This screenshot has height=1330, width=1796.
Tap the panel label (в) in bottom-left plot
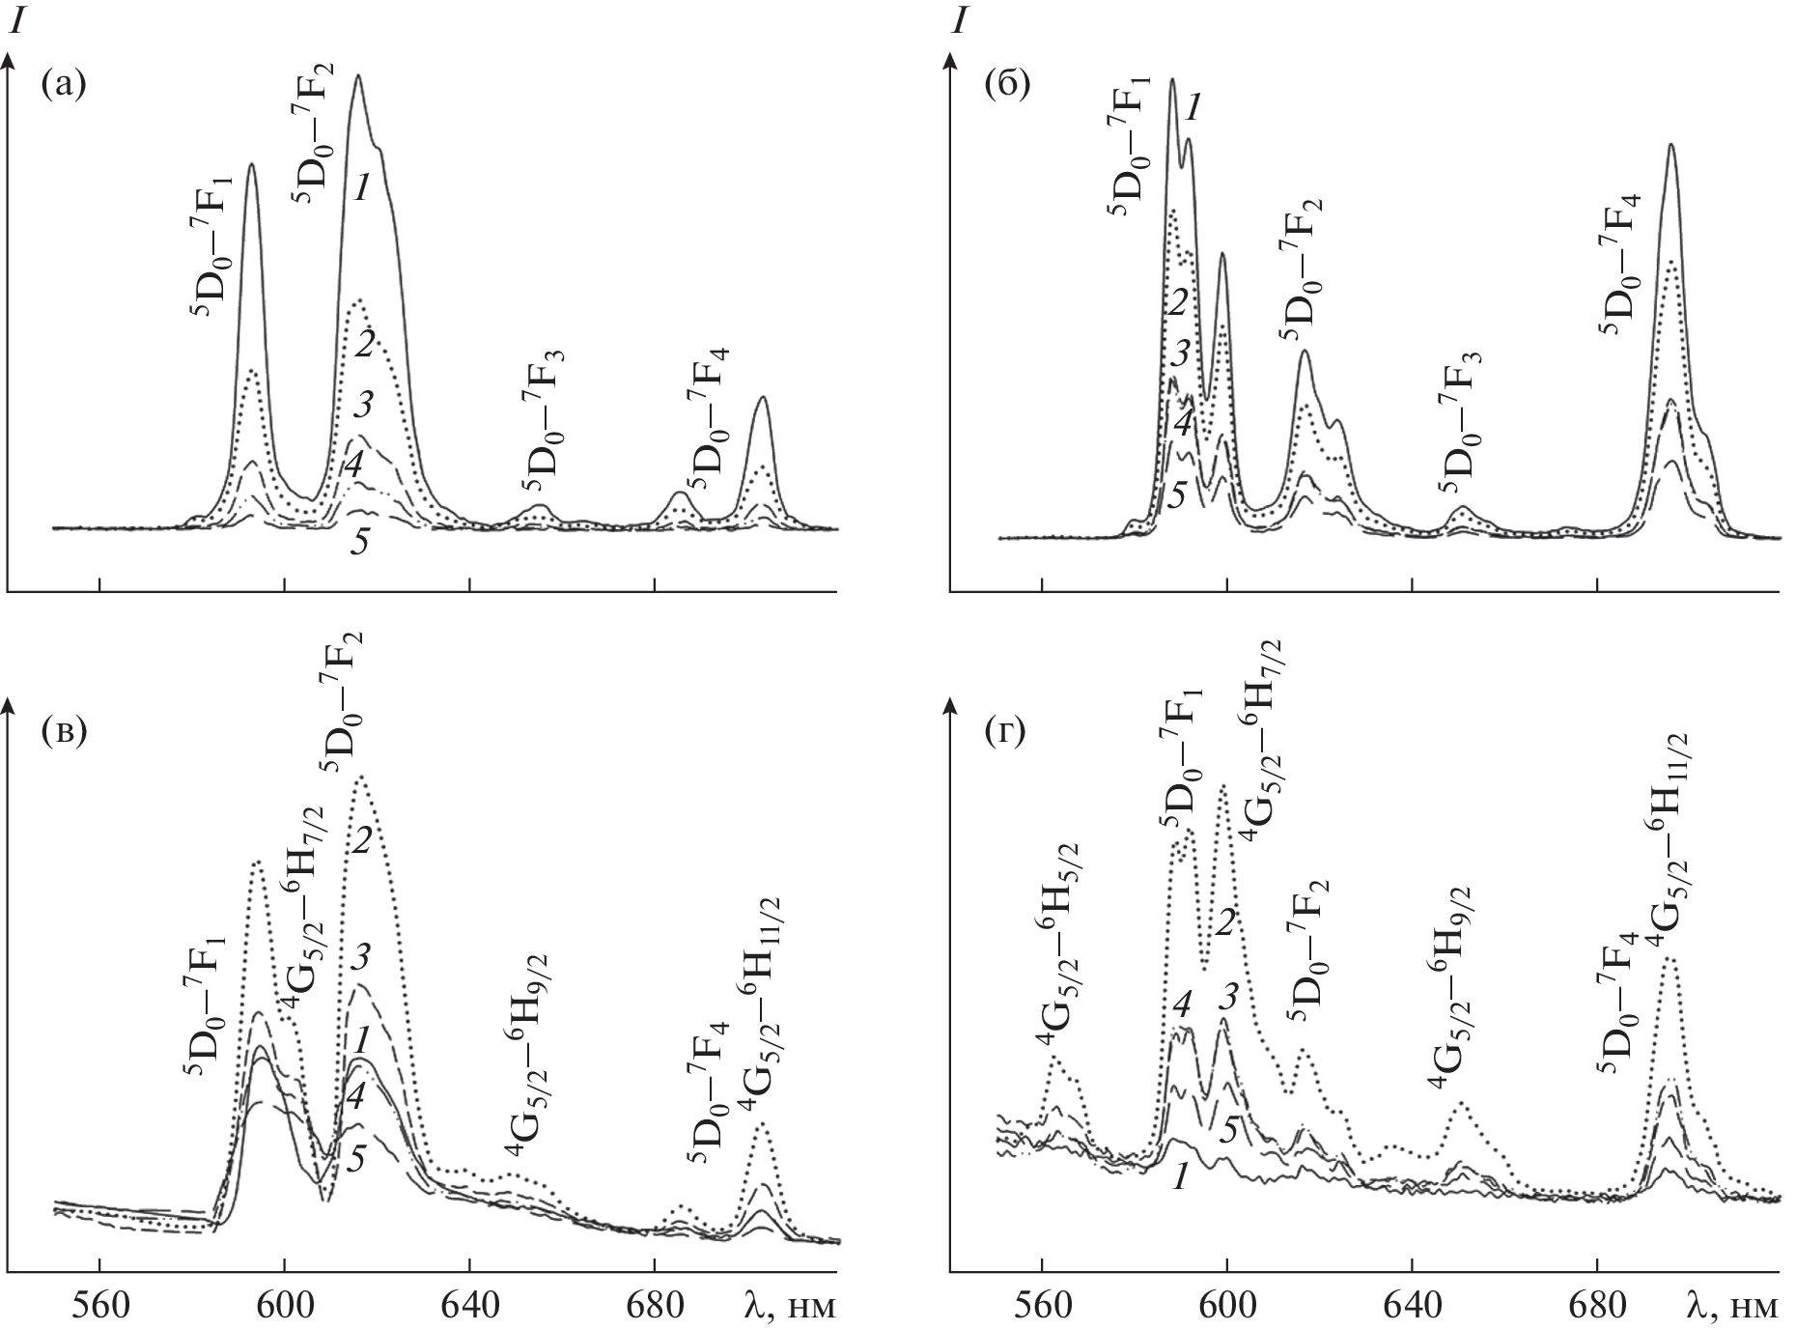click(x=64, y=733)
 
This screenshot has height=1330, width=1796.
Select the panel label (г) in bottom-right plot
click(x=1005, y=733)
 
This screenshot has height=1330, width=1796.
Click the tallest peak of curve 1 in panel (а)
click(x=358, y=76)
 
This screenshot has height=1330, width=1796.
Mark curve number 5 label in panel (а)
click(x=359, y=543)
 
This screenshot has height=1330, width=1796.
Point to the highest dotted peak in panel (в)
click(x=361, y=777)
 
